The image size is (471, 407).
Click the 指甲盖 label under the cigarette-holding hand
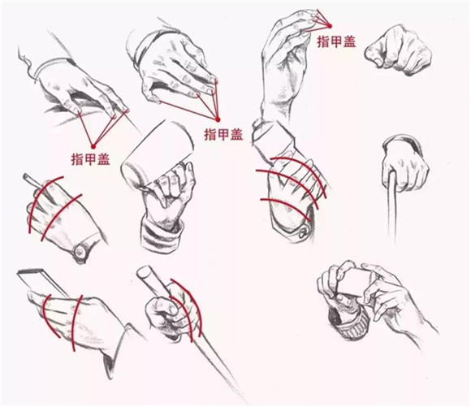90,159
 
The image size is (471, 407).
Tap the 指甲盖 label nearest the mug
223,134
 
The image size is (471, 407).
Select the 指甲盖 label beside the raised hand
336,41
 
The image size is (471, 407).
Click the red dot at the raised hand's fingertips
330,26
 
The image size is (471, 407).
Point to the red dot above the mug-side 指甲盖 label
218,119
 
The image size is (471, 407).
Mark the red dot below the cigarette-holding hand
93,146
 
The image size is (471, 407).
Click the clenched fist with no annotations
398,50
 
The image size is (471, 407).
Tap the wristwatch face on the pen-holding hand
80,252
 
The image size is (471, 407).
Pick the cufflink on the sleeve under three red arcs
303,232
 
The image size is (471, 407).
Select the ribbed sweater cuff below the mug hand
162,235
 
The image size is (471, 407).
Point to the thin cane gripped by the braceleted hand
391,207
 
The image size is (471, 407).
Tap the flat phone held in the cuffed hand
42,283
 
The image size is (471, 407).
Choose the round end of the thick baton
144,273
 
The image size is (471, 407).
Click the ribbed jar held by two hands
348,323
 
